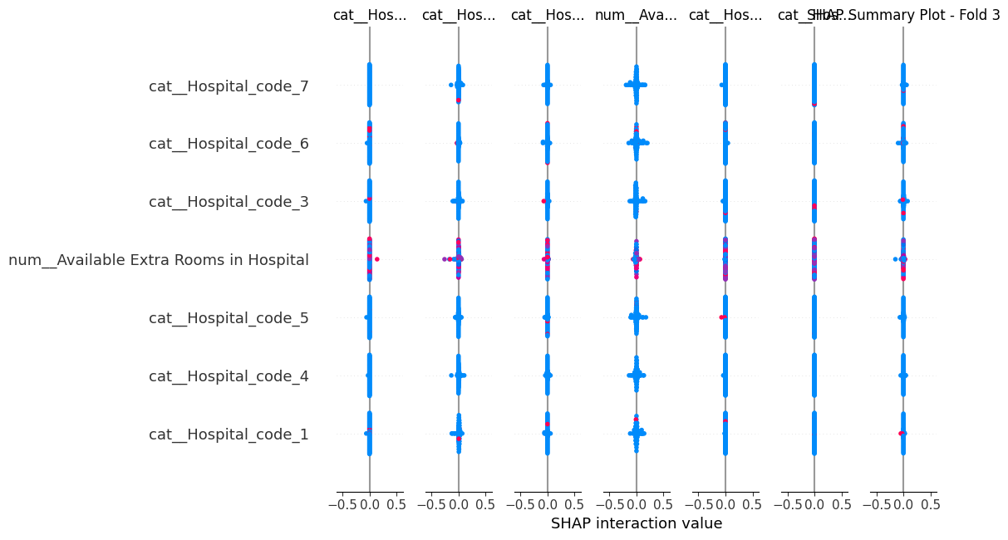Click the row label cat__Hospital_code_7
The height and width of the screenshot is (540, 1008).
[229, 86]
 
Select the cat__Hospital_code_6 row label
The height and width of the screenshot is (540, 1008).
[229, 144]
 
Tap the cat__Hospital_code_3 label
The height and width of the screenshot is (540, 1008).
[229, 202]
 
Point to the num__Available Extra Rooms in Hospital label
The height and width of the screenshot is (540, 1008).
[159, 260]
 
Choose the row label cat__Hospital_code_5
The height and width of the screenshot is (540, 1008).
[229, 318]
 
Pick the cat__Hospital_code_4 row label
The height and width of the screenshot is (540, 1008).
[229, 376]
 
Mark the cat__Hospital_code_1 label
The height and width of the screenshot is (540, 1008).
[229, 434]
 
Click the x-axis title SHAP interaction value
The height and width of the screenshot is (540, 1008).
[636, 523]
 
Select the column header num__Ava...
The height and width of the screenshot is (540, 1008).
[636, 15]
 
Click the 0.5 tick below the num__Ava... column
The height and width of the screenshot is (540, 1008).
[662, 503]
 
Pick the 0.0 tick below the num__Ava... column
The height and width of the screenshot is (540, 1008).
[636, 503]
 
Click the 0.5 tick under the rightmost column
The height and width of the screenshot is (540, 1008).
[929, 503]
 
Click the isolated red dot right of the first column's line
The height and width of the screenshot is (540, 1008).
[377, 259]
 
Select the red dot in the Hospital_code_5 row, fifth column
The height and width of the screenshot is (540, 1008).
[720, 317]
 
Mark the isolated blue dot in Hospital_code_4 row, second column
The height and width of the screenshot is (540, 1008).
[450, 376]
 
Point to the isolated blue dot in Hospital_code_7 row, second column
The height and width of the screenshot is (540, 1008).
[450, 85]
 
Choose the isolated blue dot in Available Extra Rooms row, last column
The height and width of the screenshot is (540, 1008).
[895, 259]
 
